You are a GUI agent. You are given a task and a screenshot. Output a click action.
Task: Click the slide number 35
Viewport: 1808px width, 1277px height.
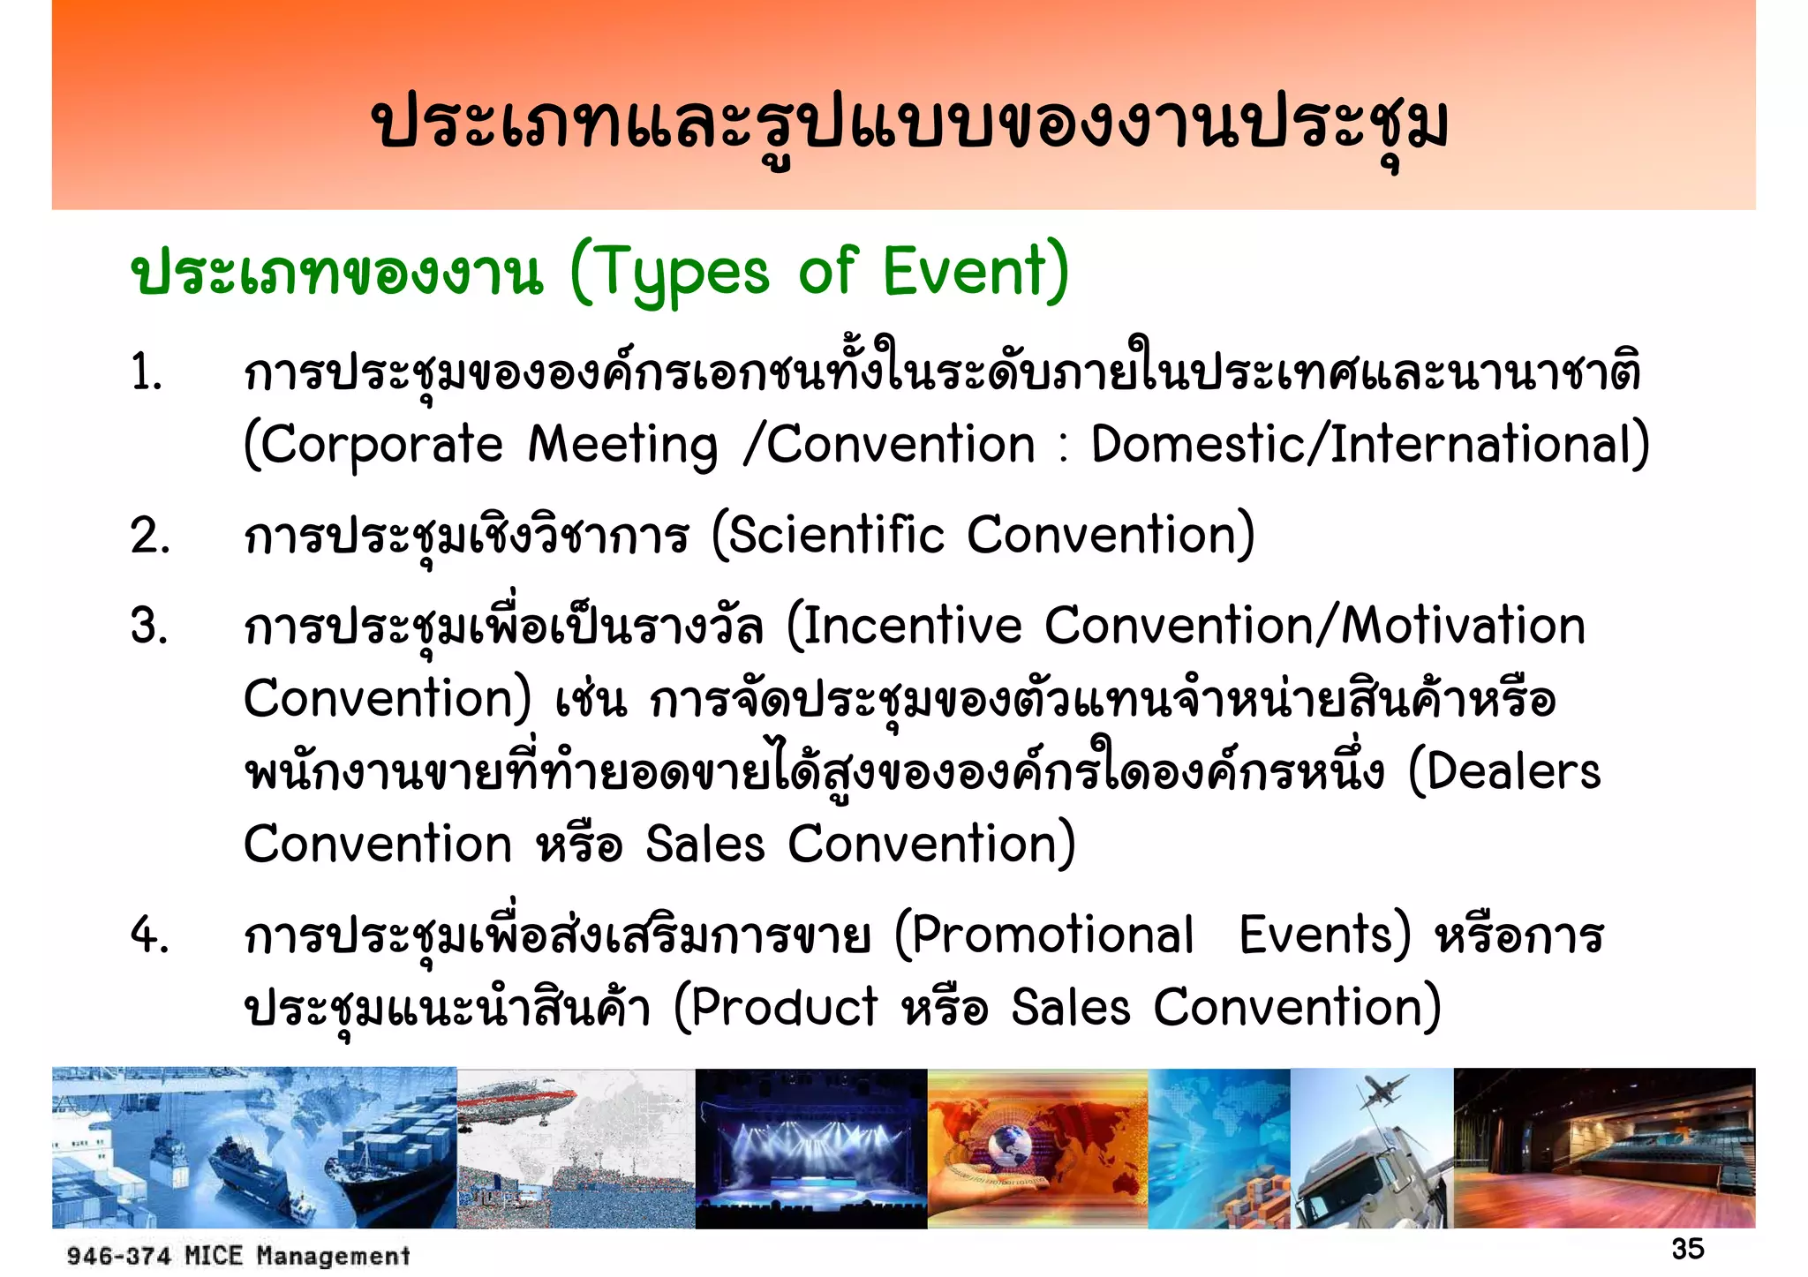pyautogui.click(x=1687, y=1249)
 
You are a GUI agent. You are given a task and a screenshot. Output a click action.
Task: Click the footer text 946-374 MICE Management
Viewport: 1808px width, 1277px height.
pyautogui.click(x=238, y=1255)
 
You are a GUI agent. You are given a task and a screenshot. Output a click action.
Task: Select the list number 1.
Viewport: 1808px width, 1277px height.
pyautogui.click(x=147, y=372)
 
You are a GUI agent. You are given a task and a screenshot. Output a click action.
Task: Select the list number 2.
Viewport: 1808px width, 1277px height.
pyautogui.click(x=149, y=536)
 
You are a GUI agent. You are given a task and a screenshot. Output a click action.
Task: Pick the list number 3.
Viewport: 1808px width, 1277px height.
pyautogui.click(x=148, y=626)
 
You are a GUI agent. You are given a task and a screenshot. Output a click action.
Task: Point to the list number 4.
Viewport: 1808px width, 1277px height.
pyautogui.click(x=148, y=935)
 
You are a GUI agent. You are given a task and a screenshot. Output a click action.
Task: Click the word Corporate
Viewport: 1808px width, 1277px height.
pyautogui.click(x=381, y=444)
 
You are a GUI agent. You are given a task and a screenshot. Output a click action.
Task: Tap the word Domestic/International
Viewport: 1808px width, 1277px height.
pyautogui.click(x=1369, y=444)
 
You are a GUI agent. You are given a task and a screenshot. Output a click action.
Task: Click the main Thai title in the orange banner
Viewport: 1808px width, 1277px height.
pyautogui.click(x=908, y=124)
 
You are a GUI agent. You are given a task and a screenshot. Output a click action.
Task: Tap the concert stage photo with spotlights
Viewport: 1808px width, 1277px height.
pyautogui.click(x=810, y=1147)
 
